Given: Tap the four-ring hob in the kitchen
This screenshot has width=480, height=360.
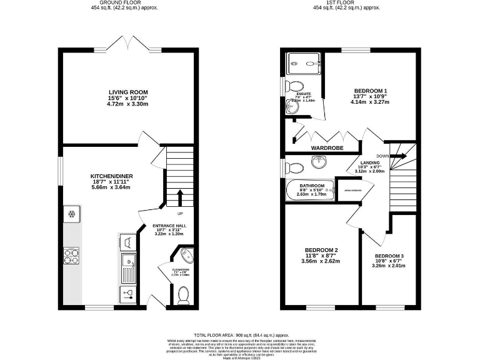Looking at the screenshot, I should pos(72,254).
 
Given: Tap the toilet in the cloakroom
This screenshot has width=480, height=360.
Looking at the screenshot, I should pos(183,294).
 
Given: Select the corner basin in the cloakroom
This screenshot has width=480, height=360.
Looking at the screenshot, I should pos(185,256).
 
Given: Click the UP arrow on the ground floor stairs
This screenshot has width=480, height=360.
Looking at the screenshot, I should pos(179,197).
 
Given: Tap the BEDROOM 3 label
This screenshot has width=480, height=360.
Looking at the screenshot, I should pos(389,256).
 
